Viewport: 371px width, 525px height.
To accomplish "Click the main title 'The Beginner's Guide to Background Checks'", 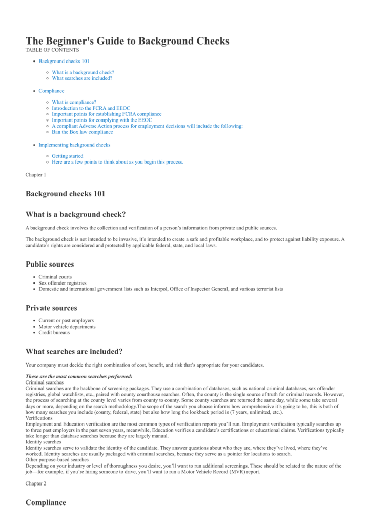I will pos(128,41).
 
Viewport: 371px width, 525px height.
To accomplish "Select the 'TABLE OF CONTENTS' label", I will pos(52,50).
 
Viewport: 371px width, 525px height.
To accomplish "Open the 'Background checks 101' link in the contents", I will pos(64,62).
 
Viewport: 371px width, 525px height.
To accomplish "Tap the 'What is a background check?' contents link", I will pos(83,73).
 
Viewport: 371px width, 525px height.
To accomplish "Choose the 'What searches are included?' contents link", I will pos(82,78).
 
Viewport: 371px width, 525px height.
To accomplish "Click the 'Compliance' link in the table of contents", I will pos(51,91).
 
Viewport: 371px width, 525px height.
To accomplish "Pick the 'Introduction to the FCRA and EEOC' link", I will pos(91,108).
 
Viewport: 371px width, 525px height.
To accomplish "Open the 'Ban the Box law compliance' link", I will pos(83,132).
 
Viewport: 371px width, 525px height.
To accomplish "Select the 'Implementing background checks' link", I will pos(74,145).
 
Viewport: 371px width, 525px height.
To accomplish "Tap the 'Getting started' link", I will pos(67,156).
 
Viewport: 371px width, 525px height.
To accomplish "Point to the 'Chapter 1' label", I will pos(36,175).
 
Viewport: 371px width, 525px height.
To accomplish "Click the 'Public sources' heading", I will pos(50,265).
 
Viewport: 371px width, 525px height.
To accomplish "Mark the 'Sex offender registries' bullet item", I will pos(63,283).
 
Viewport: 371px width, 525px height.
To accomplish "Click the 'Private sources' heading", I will pos(51,308).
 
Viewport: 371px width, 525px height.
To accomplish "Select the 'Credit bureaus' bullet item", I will pos(55,332).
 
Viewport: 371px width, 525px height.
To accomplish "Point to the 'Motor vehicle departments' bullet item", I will pos(67,327).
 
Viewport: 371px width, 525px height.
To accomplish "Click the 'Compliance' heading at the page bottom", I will pos(46,502).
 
